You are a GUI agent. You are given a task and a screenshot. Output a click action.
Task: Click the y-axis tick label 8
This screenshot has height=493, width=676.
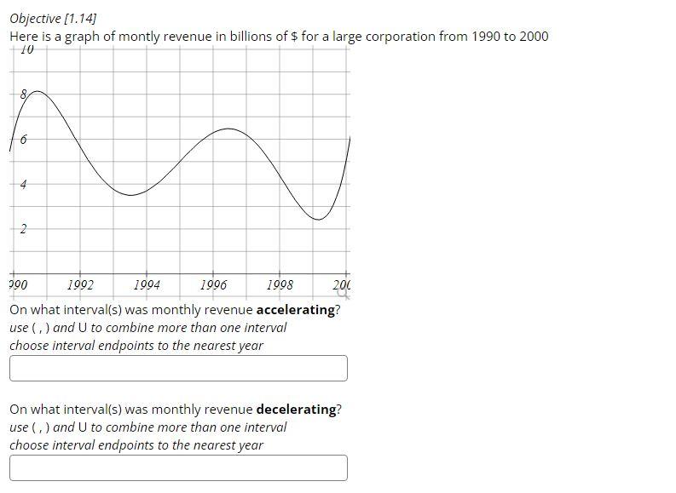pyautogui.click(x=24, y=94)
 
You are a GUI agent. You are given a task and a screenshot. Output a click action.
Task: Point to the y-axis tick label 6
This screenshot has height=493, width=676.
pyautogui.click(x=23, y=139)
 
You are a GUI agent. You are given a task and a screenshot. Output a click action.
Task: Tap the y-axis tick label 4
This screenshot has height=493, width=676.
pyautogui.click(x=23, y=184)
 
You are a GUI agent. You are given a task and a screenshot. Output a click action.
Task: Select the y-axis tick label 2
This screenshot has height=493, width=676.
pyautogui.click(x=23, y=228)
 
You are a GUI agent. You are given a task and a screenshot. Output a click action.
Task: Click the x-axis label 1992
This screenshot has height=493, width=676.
pyautogui.click(x=80, y=285)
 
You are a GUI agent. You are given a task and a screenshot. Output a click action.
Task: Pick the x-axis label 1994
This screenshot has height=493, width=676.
pyautogui.click(x=147, y=285)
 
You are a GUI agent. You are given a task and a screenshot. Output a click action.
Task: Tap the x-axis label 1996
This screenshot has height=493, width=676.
pyautogui.click(x=213, y=285)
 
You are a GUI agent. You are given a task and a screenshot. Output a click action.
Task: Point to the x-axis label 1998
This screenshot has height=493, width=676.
pyautogui.click(x=280, y=285)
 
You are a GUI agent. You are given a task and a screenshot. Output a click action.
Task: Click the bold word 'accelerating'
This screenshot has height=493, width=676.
pyautogui.click(x=296, y=310)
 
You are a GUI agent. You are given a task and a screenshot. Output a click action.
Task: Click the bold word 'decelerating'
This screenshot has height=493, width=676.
pyautogui.click(x=296, y=410)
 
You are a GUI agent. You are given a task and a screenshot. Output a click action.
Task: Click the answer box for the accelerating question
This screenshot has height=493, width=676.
pyautogui.click(x=178, y=369)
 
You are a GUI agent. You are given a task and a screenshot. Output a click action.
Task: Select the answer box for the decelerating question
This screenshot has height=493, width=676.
pyautogui.click(x=178, y=467)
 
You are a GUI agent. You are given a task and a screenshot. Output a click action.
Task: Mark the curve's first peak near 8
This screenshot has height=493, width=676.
pyautogui.click(x=32, y=90)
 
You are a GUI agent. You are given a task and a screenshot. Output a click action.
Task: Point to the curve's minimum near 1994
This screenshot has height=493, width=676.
pyautogui.click(x=130, y=195)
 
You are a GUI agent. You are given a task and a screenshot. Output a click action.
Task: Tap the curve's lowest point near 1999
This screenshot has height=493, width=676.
pyautogui.click(x=318, y=220)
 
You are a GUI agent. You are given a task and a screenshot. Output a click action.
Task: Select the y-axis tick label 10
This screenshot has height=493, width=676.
pyautogui.click(x=26, y=50)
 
